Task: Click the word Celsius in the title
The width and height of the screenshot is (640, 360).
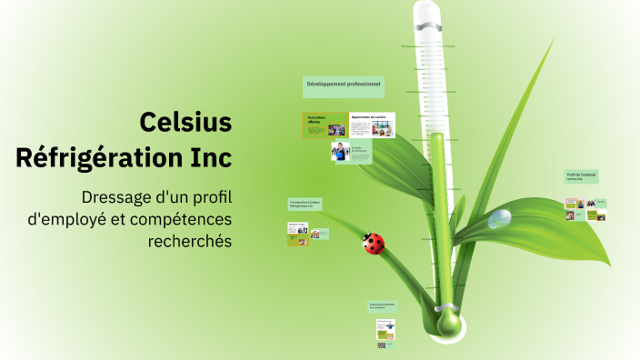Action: pos(186,122)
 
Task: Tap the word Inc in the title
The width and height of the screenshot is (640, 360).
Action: pos(211,157)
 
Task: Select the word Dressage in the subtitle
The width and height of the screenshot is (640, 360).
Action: pos(116,196)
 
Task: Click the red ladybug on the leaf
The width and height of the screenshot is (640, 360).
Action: pos(373,243)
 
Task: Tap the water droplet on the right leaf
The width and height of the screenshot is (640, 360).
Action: pos(499,218)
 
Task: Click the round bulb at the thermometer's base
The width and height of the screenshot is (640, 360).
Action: pos(448,323)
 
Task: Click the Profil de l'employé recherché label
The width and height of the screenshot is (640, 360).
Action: pos(581,176)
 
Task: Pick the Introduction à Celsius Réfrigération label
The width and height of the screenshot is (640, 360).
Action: pos(305,204)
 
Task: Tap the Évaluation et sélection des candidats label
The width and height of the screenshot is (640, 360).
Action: pos(384,307)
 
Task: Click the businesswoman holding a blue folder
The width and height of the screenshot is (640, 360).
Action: pos(339,152)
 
